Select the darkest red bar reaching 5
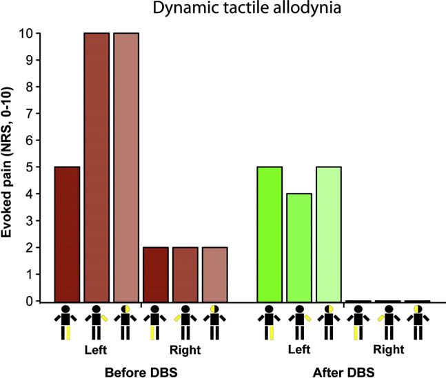click(x=67, y=234)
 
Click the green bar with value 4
click(x=299, y=247)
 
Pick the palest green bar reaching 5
click(x=329, y=234)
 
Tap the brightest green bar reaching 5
click(x=270, y=234)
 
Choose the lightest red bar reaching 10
click(x=126, y=167)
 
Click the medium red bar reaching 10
click(x=97, y=167)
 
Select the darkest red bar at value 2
click(x=155, y=274)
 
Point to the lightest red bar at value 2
click(x=214, y=274)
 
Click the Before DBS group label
click(x=141, y=372)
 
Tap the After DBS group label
click(x=343, y=372)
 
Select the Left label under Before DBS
click(x=96, y=350)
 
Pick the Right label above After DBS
click(x=387, y=350)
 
